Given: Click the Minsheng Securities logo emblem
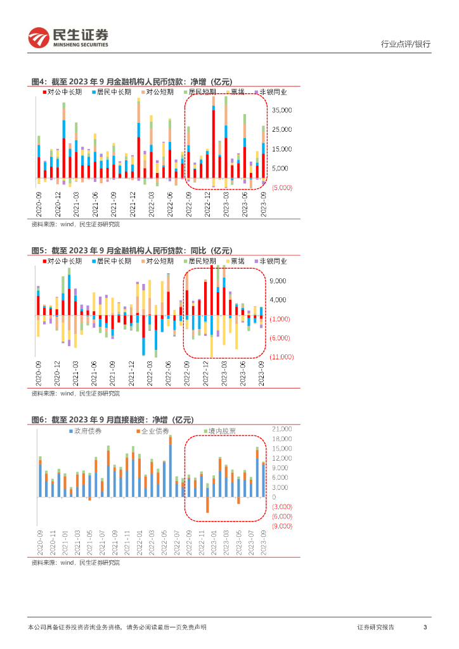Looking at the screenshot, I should [x=39, y=38].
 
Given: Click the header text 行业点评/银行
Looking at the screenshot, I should [x=405, y=44].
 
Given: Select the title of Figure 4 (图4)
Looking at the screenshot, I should [x=132, y=81].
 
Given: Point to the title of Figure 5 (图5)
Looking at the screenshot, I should [x=132, y=250].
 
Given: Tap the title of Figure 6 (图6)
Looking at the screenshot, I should [x=112, y=420].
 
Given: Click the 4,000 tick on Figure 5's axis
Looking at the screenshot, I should [x=279, y=300].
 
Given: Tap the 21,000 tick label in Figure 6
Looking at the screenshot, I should [x=281, y=429].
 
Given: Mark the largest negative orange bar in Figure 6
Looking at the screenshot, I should [x=207, y=504].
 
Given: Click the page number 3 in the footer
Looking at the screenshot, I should [x=425, y=627].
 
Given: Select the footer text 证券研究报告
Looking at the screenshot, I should [x=375, y=627].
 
